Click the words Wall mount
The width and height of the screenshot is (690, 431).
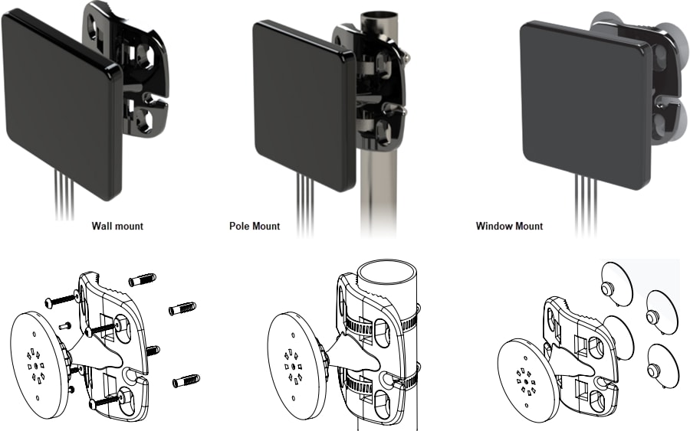(117, 226)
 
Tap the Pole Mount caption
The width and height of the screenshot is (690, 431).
(255, 226)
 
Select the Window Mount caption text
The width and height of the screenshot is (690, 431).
(509, 226)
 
